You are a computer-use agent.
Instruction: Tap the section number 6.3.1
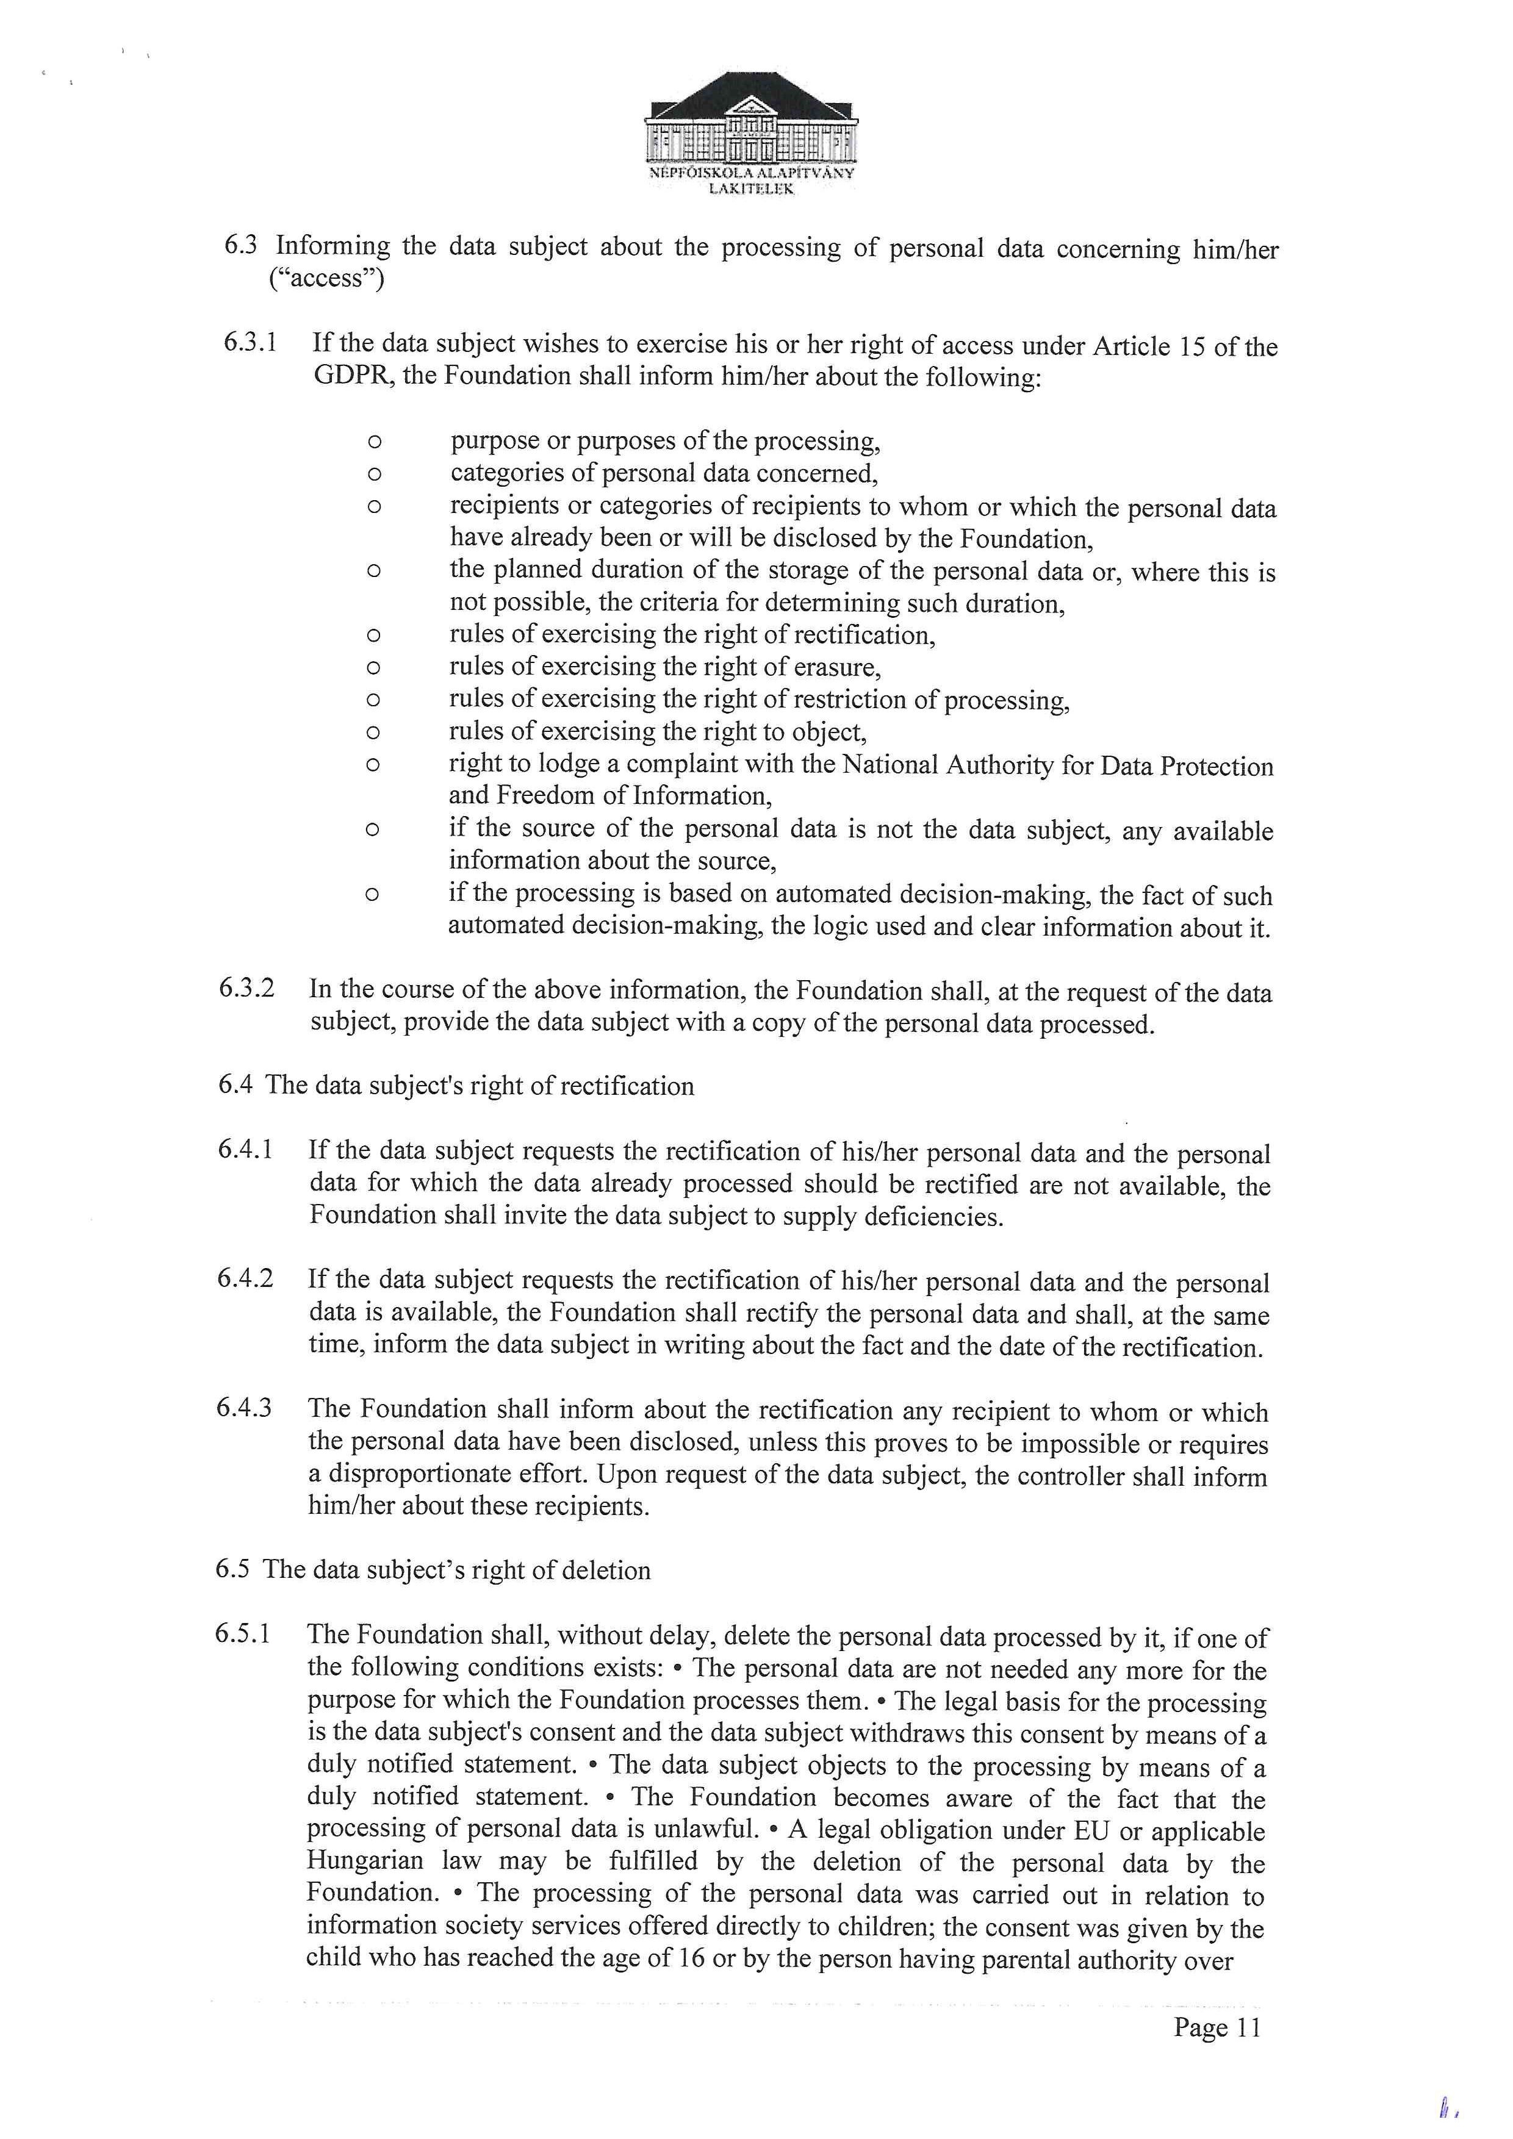click(250, 342)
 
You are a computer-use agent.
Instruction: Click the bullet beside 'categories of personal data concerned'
click(373, 474)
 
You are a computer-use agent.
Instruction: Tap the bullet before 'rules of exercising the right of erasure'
click(373, 668)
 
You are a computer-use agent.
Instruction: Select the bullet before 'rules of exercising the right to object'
click(373, 733)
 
